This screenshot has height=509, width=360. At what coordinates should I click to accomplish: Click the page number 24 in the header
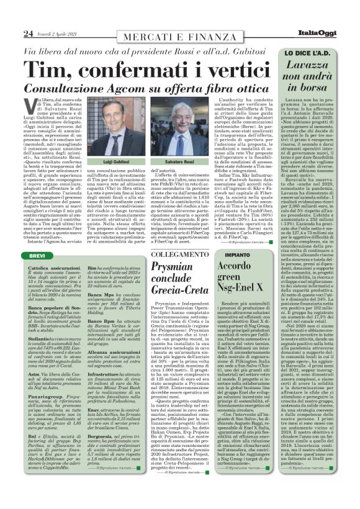11,32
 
